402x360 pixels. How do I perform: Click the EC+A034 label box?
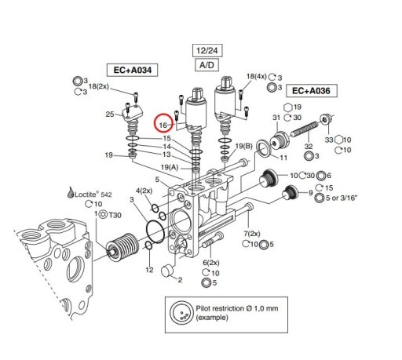tap(130, 71)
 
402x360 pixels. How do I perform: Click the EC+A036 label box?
tap(309, 91)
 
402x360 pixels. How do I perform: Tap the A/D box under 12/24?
tap(203, 64)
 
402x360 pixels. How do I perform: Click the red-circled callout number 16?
tap(165, 123)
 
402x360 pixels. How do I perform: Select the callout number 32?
tap(309, 147)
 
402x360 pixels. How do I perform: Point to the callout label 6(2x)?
tap(210, 262)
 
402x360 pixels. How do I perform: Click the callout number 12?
tap(149, 270)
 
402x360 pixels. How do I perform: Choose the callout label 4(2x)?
tap(144, 191)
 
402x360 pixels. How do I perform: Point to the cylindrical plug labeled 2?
tap(166, 273)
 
